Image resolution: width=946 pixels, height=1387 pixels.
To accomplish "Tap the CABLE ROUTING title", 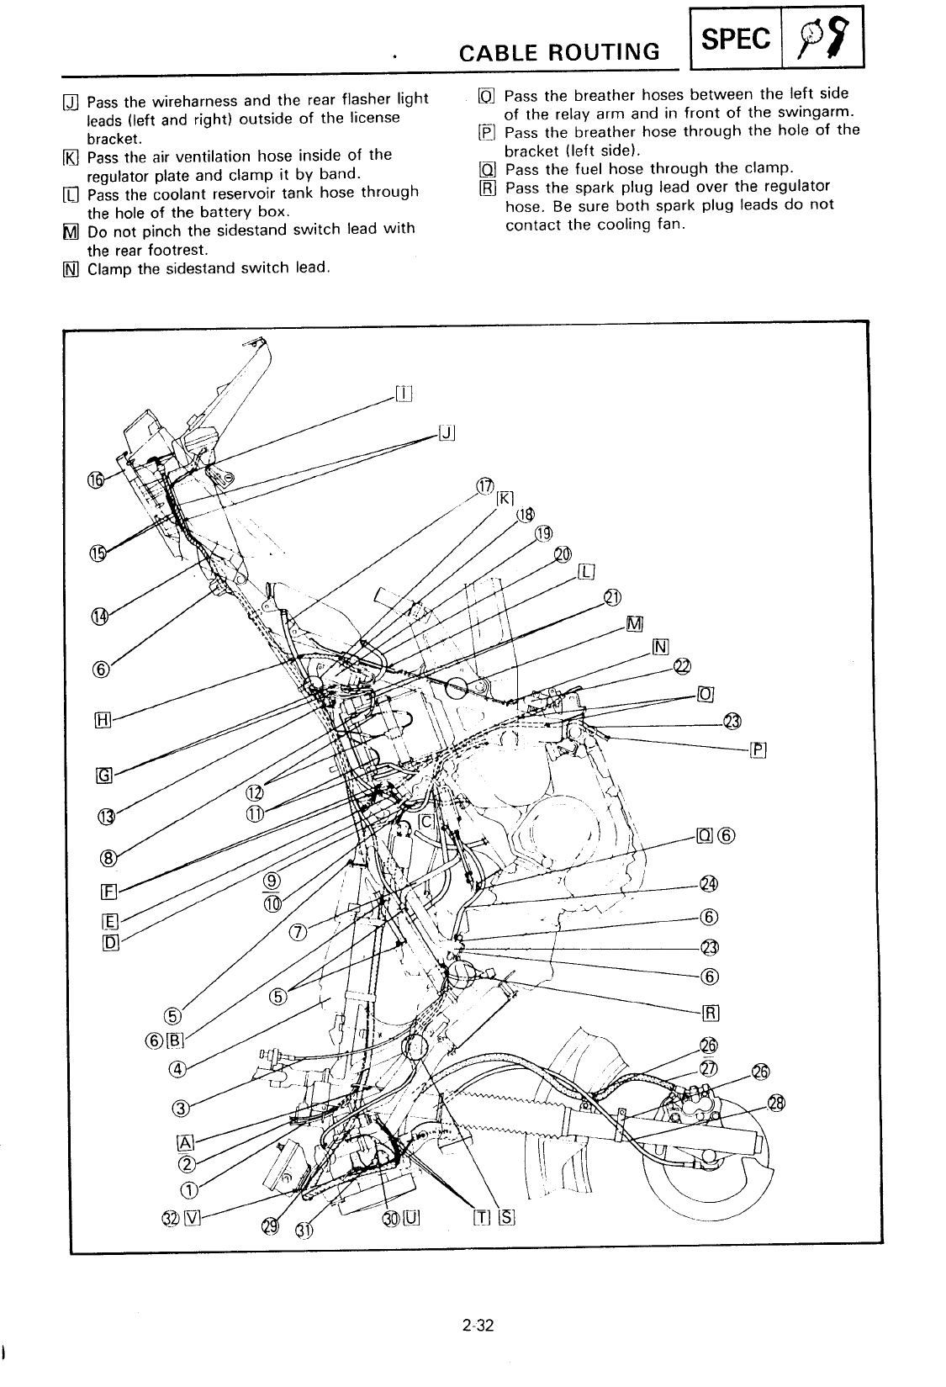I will (559, 52).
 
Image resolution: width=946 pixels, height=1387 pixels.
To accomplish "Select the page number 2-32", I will (476, 1327).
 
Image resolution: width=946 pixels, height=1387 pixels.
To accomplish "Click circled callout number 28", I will (775, 1104).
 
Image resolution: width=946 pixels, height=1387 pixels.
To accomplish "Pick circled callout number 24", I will (709, 885).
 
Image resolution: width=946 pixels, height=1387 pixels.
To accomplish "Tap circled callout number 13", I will (106, 815).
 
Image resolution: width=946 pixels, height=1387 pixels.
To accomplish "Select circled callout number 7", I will (297, 931).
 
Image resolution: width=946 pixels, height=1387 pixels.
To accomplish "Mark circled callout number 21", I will (612, 598).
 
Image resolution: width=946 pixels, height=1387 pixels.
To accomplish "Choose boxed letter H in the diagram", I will (103, 720).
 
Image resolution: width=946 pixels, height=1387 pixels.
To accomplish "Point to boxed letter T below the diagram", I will (482, 1218).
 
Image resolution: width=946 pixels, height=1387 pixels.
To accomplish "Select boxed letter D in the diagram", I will (108, 941).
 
